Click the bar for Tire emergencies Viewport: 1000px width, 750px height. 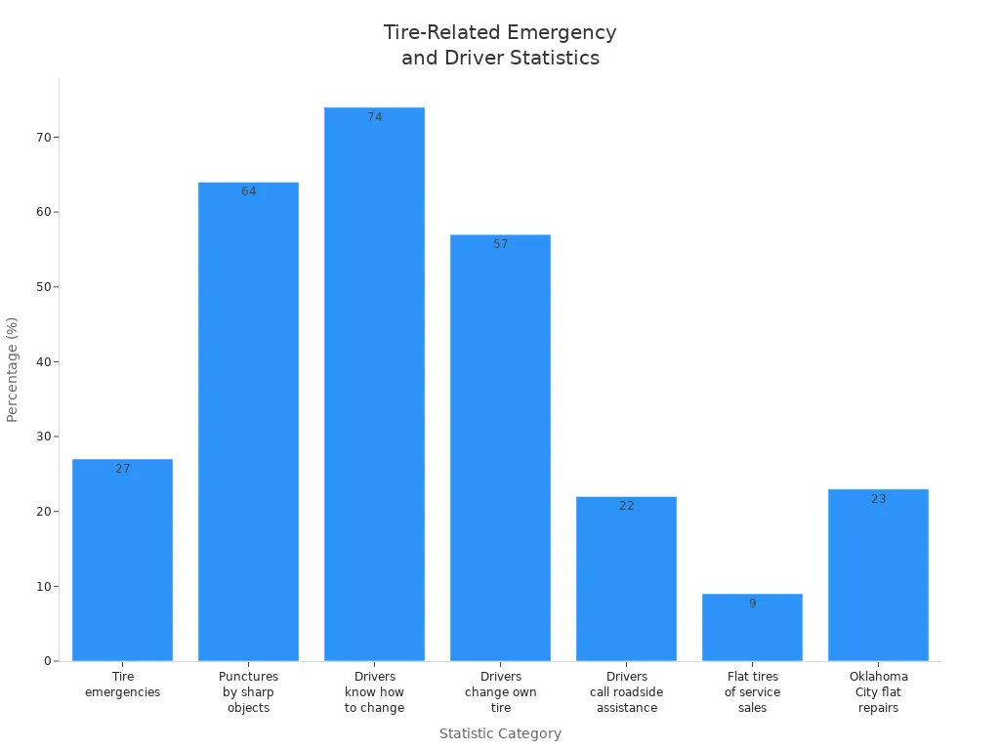[122, 561]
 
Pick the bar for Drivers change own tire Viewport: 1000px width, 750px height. [500, 448]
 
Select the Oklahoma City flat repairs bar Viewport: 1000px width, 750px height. [878, 575]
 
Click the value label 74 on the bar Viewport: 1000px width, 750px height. [374, 117]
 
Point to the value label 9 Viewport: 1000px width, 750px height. [752, 604]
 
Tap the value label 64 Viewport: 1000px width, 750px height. [248, 191]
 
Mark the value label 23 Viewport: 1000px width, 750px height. [878, 499]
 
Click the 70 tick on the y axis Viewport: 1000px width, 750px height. [43, 138]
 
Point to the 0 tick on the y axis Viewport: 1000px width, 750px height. [47, 661]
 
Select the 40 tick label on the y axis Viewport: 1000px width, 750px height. [43, 362]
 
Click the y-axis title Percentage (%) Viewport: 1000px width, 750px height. [13, 369]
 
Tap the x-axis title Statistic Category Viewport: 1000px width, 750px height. [500, 733]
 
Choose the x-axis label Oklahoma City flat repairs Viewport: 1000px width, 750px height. [878, 691]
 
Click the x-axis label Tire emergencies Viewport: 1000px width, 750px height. [122, 684]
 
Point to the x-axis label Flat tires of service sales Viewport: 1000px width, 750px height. [752, 691]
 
